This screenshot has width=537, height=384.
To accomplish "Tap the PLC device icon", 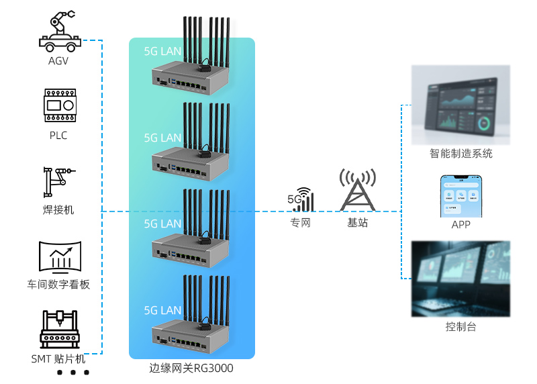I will tap(58, 105).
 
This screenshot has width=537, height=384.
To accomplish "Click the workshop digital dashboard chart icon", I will tap(59, 258).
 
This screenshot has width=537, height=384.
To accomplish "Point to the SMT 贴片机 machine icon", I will tap(58, 329).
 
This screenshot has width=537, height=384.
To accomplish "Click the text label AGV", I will tap(58, 61).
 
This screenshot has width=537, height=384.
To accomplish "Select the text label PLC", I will tap(58, 136).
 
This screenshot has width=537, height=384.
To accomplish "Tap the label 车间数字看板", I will tap(58, 285).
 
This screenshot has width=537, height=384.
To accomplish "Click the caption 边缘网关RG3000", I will tap(191, 369).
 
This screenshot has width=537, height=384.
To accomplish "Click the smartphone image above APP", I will tap(461, 196).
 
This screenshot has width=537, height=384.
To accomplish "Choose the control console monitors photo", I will tap(461, 279).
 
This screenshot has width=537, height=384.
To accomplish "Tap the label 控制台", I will tap(461, 327).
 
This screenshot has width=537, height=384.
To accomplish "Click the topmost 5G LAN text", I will tap(162, 51).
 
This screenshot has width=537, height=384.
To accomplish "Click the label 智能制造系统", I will tap(461, 154).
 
